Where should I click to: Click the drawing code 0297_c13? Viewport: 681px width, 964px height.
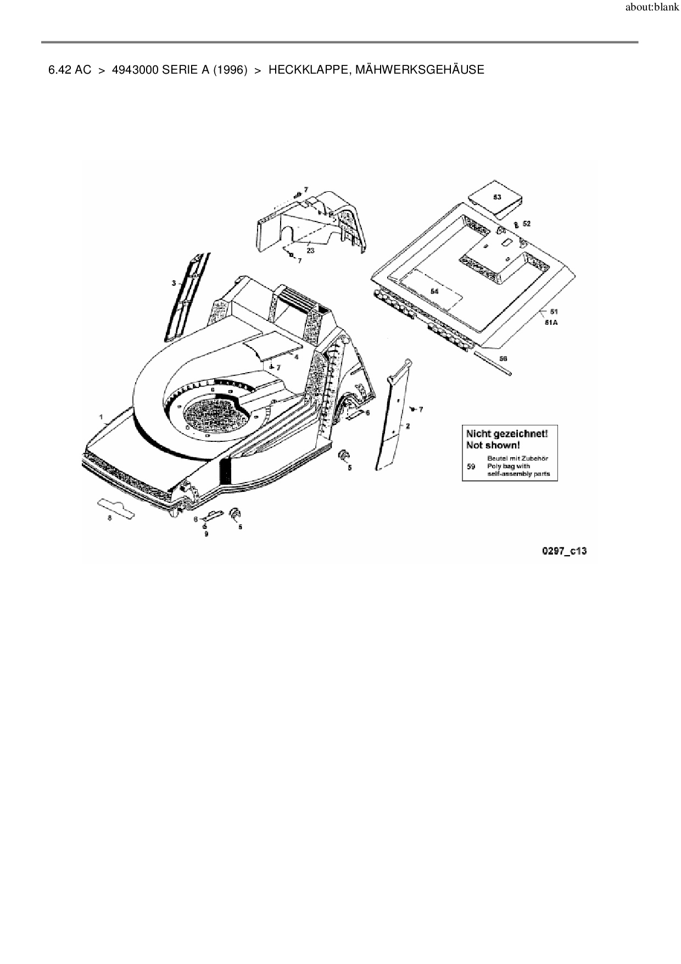click(564, 550)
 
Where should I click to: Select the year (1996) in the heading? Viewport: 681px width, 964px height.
click(230, 70)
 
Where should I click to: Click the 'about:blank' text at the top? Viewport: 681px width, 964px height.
click(652, 9)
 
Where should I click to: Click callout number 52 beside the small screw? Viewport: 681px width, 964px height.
click(526, 224)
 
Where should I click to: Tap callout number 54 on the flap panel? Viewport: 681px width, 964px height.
click(434, 291)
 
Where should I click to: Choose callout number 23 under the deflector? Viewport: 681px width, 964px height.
click(310, 251)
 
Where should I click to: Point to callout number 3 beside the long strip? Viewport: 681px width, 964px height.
click(174, 283)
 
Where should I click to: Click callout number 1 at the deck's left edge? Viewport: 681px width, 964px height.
click(101, 417)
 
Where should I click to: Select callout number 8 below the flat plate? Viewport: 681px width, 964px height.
click(109, 518)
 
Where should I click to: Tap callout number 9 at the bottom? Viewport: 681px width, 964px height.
click(206, 534)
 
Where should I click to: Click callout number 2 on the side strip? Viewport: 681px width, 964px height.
click(408, 426)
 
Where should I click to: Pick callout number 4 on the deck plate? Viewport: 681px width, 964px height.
click(296, 357)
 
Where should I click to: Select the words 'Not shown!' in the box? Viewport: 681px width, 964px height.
click(493, 445)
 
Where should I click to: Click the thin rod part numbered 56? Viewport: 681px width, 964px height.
click(494, 365)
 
